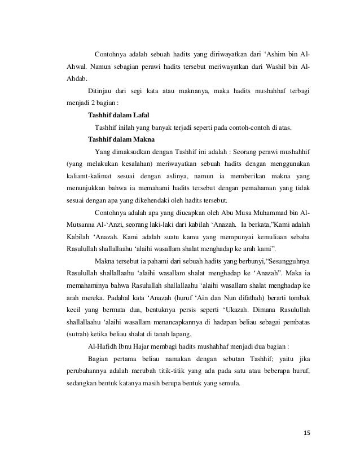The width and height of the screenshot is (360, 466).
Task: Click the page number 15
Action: [307, 433]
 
